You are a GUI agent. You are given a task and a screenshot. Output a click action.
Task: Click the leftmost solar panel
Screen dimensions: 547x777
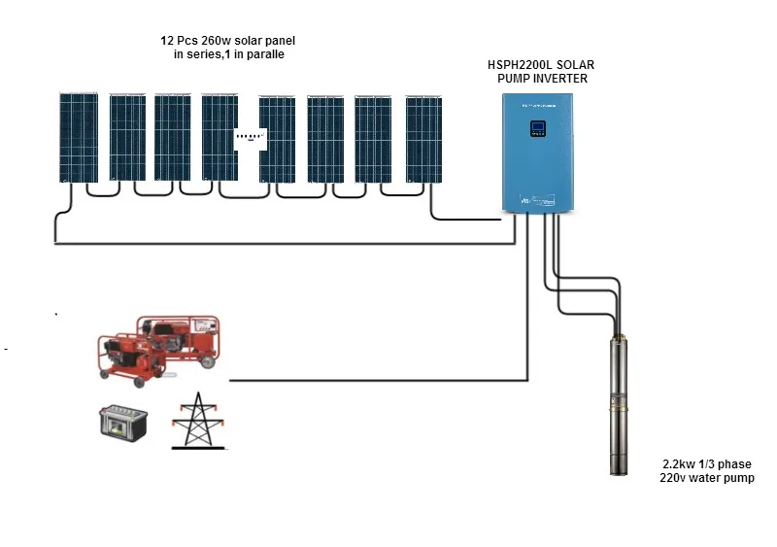(x=77, y=137)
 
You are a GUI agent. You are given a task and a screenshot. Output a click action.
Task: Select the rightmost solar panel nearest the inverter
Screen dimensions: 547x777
(x=422, y=137)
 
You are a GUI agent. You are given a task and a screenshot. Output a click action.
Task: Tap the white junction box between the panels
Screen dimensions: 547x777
(x=250, y=137)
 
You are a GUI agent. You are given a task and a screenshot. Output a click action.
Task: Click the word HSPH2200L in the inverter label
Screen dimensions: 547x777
(x=522, y=65)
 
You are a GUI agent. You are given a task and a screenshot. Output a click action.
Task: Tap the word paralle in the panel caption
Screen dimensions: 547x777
(x=264, y=55)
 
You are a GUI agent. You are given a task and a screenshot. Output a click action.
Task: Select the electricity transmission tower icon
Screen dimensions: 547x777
(x=198, y=421)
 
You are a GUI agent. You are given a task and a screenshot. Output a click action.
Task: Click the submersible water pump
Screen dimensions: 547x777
(x=616, y=403)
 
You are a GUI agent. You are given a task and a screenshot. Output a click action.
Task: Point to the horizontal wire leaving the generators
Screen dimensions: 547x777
(x=379, y=379)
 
